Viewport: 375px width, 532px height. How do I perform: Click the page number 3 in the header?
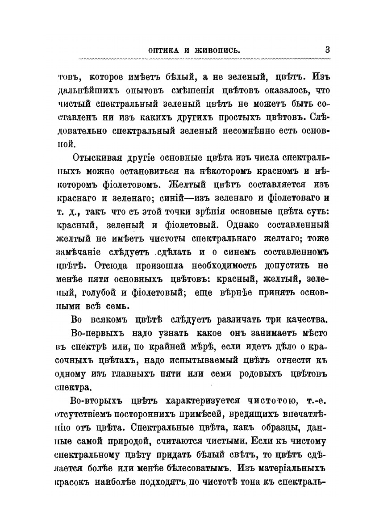[x=327, y=50]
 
